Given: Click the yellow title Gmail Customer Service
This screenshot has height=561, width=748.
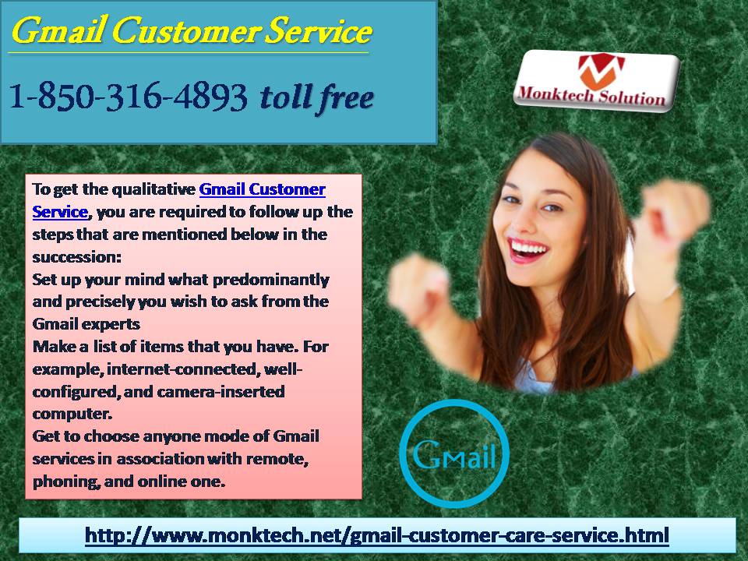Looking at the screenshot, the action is pyautogui.click(x=192, y=31).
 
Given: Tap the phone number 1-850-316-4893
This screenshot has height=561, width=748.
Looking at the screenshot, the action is pyautogui.click(x=129, y=96).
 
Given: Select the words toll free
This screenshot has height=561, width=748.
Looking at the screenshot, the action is pyautogui.click(x=316, y=97).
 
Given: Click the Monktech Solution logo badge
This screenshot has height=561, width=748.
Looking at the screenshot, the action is pyautogui.click(x=596, y=80).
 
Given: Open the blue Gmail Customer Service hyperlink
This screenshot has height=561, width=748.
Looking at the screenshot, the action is pyautogui.click(x=179, y=200).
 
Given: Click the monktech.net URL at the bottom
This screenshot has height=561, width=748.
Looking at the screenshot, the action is pyautogui.click(x=377, y=535).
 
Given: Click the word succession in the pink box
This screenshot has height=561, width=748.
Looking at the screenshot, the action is pyautogui.click(x=76, y=257).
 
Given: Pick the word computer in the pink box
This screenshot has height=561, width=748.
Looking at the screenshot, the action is pyautogui.click(x=72, y=414).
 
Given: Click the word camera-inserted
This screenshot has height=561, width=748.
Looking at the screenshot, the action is pyautogui.click(x=221, y=392).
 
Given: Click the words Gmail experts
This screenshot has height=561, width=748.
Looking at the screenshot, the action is pyautogui.click(x=86, y=324).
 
